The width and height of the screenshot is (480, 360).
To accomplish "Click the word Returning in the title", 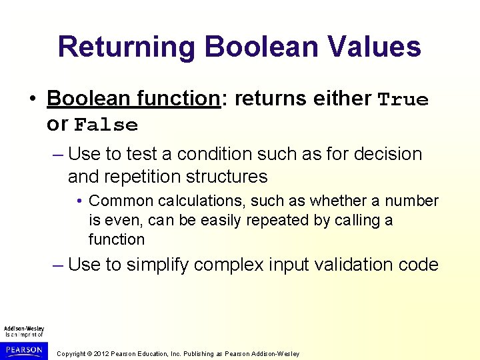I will coord(126,47).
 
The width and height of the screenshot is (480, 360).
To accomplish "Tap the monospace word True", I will coord(403,100).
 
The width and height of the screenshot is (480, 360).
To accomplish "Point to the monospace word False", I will coord(106,125).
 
